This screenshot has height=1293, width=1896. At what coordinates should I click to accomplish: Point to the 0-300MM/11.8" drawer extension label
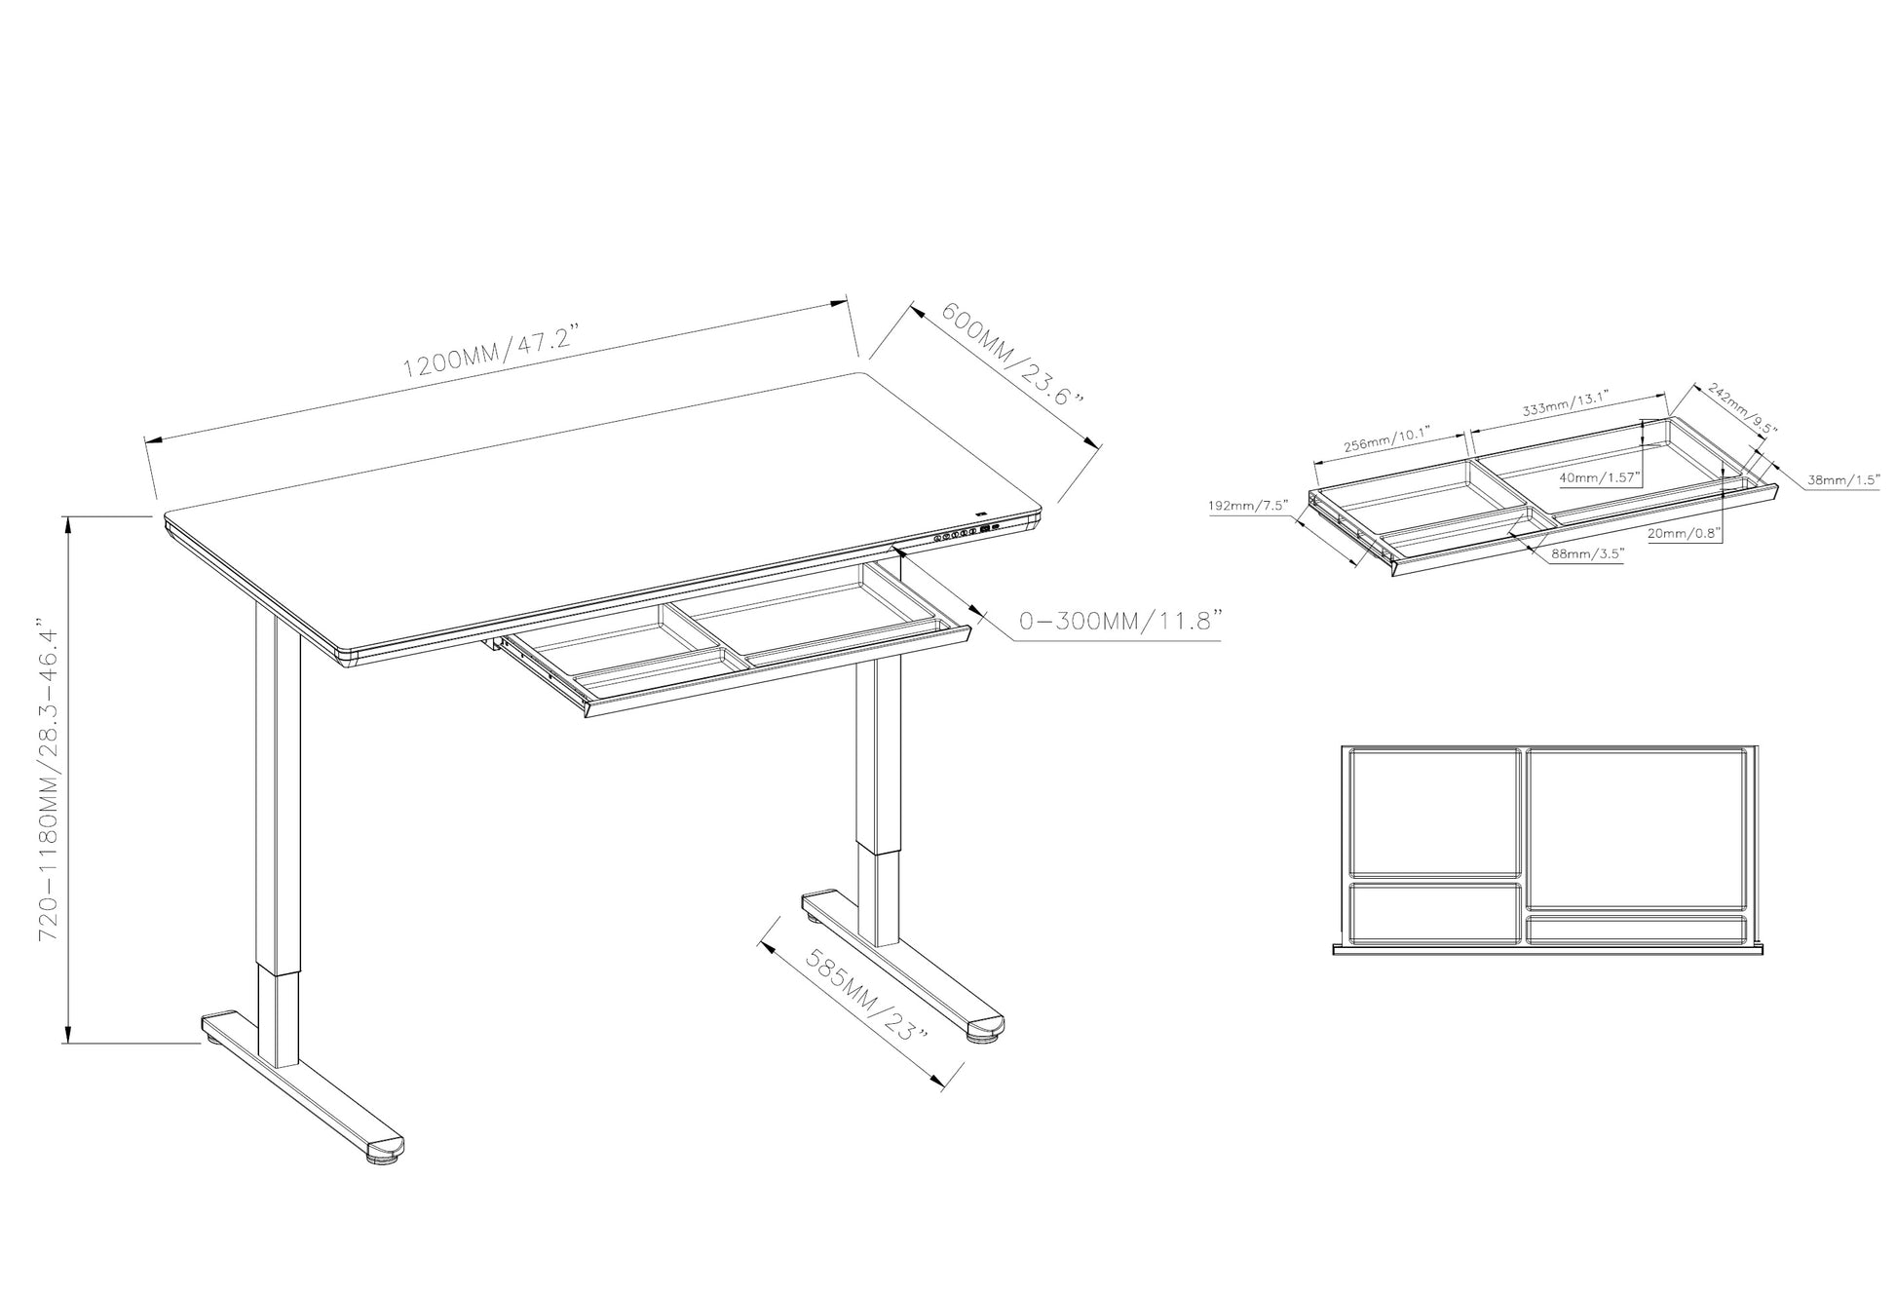click(1119, 621)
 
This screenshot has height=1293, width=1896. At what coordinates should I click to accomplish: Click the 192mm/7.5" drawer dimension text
click(1248, 505)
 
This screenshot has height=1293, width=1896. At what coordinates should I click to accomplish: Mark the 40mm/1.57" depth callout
click(1599, 477)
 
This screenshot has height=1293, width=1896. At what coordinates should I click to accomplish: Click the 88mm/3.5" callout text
click(1574, 553)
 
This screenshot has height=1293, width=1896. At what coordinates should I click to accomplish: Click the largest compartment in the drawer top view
click(1634, 830)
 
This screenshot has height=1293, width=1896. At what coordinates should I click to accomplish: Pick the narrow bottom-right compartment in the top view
click(1635, 930)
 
